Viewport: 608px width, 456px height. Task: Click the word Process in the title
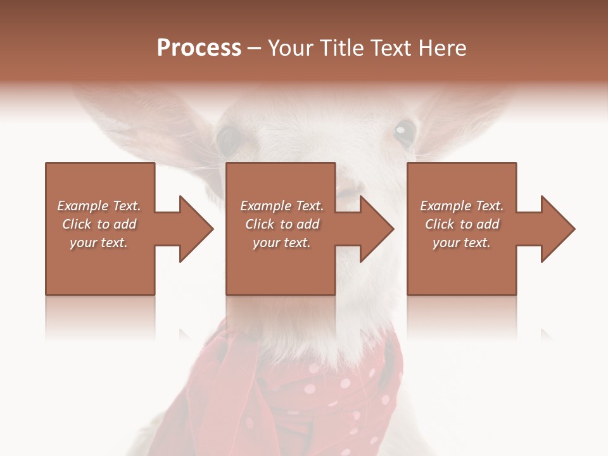(x=199, y=48)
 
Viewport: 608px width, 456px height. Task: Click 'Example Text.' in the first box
(x=99, y=206)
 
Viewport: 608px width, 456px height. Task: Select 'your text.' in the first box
(x=99, y=243)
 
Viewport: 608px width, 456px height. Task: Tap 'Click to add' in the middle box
(x=282, y=224)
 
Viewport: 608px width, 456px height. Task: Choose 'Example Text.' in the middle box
(x=282, y=206)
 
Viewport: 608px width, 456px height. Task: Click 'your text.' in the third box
(x=462, y=243)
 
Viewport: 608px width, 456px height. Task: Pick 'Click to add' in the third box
(x=462, y=224)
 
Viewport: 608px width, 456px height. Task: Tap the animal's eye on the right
(x=403, y=133)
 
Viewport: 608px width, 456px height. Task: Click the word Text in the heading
(x=391, y=48)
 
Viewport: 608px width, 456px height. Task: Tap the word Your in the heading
(x=290, y=48)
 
